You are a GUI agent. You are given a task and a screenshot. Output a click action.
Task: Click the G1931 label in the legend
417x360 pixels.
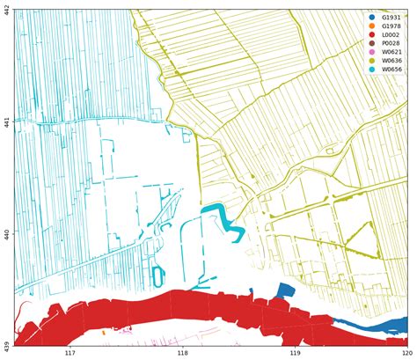click(391, 18)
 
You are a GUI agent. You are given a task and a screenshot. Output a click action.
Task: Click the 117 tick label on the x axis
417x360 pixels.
click(70, 354)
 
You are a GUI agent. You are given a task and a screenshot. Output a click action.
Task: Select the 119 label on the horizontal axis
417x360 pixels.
click(296, 354)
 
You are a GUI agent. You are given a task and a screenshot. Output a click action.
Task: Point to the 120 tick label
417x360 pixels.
click(407, 354)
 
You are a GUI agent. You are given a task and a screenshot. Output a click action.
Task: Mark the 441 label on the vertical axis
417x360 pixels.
click(7, 122)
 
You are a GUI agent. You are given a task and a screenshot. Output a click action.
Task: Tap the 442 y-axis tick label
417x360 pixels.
click(7, 11)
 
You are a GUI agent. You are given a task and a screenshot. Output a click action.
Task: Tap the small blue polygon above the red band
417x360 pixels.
click(283, 291)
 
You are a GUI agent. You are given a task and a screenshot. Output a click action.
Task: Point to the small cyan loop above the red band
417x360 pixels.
click(158, 274)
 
